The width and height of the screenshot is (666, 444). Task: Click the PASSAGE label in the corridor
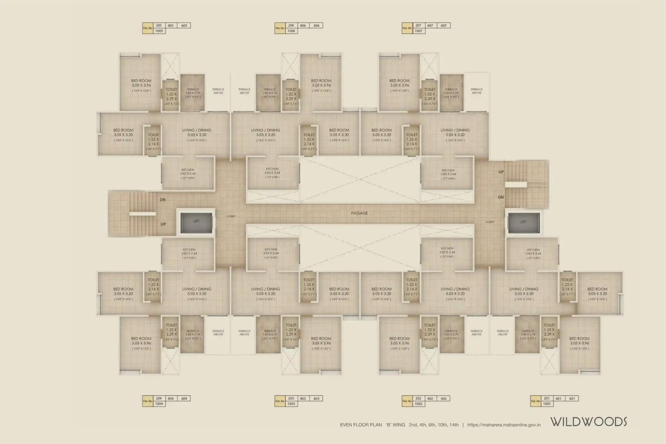(359, 213)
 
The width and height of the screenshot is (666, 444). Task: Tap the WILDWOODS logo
(589, 422)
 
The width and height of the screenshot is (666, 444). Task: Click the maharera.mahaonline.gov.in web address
(504, 425)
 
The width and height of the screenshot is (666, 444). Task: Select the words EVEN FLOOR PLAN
(361, 425)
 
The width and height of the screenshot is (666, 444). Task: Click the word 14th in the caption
(454, 425)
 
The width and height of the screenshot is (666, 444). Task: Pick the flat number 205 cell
(159, 25)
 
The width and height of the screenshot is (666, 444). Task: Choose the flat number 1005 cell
(159, 31)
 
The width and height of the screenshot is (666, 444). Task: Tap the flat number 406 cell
(303, 25)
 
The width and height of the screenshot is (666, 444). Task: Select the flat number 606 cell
(316, 25)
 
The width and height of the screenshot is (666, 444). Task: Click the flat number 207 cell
(418, 25)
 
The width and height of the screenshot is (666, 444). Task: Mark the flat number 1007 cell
(418, 31)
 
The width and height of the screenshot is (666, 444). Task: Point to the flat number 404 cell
(171, 398)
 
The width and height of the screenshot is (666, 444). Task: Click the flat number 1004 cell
(159, 404)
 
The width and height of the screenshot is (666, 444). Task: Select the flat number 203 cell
(291, 398)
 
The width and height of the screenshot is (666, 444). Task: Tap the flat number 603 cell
(316, 398)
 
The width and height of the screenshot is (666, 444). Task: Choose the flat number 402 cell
(430, 398)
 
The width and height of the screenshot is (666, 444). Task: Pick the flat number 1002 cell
(418, 404)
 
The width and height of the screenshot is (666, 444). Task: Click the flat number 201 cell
(547, 398)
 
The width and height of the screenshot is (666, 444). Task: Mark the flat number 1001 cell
(547, 404)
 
